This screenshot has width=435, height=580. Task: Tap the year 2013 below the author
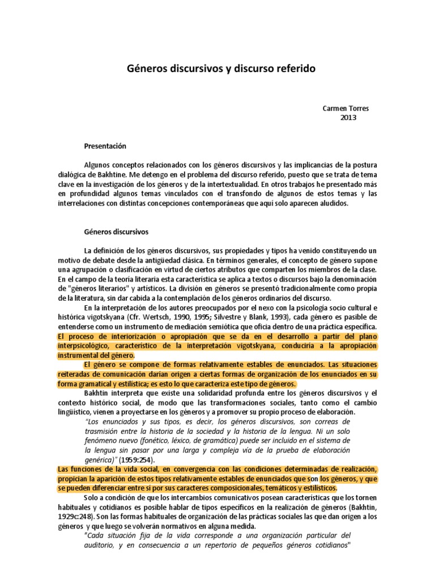tap(348, 117)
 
